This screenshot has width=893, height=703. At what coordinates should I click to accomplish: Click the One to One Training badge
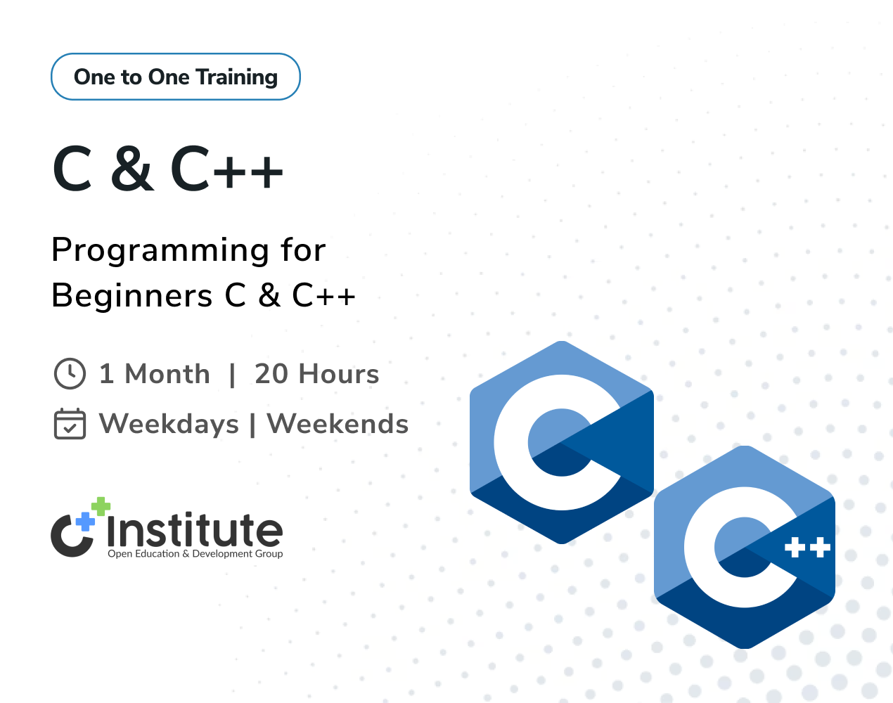coord(176,77)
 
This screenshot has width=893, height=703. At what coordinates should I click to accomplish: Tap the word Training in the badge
coord(236,77)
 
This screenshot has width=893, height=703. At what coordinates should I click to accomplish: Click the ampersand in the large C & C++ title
coord(131,168)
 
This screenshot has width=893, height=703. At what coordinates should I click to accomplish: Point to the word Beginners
coord(132,295)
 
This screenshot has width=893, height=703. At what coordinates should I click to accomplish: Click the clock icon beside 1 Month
coord(70,373)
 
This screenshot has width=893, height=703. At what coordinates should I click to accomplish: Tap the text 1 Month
coord(155,374)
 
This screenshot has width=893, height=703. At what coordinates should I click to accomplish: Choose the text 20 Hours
coord(316,374)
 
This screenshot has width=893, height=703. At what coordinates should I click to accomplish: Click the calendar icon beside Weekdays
coord(70,423)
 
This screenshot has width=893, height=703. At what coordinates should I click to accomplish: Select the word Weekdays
coord(169,424)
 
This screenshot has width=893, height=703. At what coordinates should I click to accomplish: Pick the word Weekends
coord(338,424)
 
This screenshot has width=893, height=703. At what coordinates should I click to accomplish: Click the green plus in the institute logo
coord(101,506)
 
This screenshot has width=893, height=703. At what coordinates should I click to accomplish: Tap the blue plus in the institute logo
coord(86,522)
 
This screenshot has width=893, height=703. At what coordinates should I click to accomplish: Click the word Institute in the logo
coord(195,529)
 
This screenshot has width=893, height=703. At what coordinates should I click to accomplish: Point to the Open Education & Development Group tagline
coord(195,553)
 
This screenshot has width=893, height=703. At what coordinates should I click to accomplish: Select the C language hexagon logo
coord(561,442)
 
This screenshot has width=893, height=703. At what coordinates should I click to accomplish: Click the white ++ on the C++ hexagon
coord(807,548)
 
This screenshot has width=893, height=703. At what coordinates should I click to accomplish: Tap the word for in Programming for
coord(303,250)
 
